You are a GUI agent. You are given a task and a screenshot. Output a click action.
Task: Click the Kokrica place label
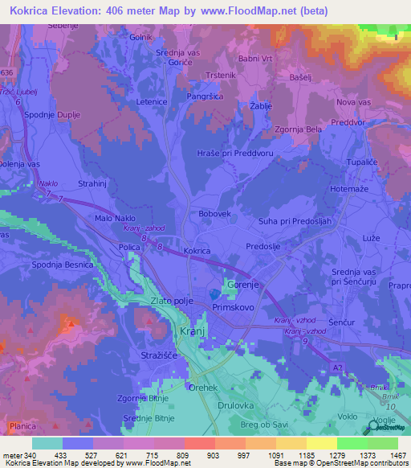(197, 251)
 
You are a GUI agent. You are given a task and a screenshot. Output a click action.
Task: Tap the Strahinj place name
(92, 184)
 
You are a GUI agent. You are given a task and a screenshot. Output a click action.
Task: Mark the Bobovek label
(214, 214)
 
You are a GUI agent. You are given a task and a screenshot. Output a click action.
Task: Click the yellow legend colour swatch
(322, 443)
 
